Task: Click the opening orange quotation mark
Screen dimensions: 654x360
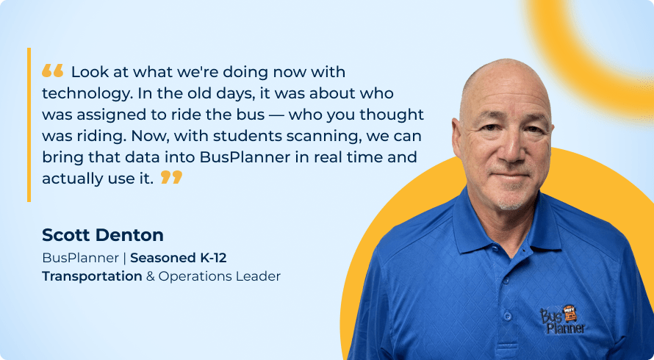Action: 53,71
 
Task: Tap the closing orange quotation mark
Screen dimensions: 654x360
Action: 171,177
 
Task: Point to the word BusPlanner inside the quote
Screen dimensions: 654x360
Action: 245,157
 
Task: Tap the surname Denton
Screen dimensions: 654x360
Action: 130,235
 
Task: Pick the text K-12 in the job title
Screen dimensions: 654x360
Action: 213,258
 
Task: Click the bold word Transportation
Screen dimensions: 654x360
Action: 92,276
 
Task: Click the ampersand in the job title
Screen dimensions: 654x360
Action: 150,276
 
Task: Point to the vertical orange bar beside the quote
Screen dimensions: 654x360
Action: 29,125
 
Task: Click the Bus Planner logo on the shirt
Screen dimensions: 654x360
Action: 562,320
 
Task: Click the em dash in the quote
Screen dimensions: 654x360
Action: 276,115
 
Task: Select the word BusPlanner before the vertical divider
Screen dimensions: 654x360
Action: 81,258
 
